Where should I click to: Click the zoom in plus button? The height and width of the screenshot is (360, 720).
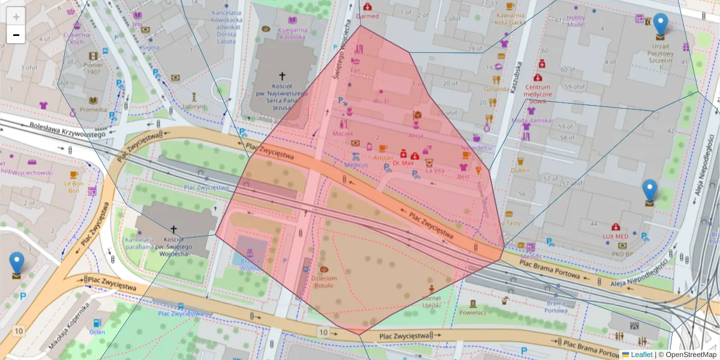click(16, 16)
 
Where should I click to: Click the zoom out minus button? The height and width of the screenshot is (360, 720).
click(16, 34)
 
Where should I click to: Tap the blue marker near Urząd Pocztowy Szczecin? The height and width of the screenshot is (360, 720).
click(660, 25)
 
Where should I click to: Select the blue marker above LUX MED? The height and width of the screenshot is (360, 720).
click(650, 191)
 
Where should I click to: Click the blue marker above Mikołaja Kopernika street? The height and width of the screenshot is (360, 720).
click(17, 264)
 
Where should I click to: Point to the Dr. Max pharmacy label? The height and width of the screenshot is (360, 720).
click(403, 163)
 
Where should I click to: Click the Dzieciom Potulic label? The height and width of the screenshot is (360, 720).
click(325, 282)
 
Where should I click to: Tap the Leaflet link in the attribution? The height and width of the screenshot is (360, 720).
click(641, 355)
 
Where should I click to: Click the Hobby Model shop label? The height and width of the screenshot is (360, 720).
click(576, 21)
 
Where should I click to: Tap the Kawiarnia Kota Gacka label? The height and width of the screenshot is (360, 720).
click(510, 19)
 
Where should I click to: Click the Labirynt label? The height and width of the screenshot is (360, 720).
click(194, 106)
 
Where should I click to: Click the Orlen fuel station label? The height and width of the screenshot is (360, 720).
click(97, 332)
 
